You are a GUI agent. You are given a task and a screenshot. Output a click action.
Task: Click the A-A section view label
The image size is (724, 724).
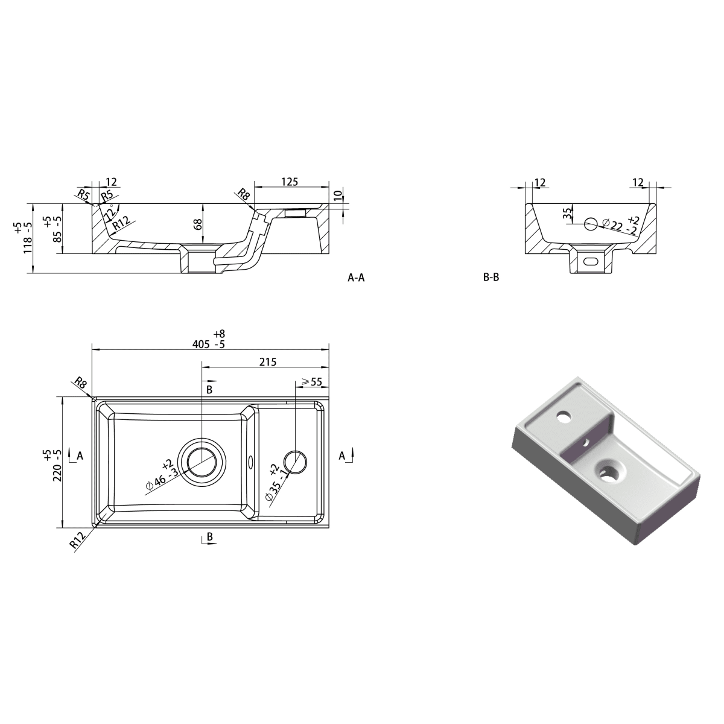(356, 278)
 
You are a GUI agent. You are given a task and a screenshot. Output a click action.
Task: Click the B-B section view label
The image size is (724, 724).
(491, 278)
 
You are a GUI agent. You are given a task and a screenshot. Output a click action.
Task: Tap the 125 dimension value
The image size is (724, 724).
(290, 182)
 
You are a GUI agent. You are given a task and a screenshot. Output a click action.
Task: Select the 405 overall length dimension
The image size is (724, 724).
(201, 344)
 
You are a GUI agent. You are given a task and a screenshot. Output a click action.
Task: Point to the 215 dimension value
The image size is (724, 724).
(268, 362)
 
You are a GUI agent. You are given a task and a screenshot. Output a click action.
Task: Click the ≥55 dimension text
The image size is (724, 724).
(311, 382)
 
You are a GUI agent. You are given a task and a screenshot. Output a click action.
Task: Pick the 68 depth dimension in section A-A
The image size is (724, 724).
(198, 224)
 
